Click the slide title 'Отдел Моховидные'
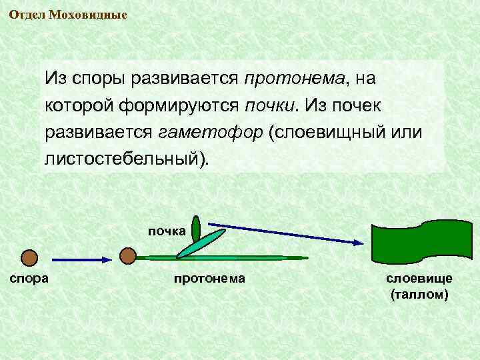[x=68, y=14]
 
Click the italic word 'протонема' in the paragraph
[x=293, y=79]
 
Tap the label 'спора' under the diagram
[x=28, y=277]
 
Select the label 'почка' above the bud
[x=167, y=232]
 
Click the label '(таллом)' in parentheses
[x=419, y=293]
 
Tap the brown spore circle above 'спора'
[x=29, y=257]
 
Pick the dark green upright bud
[x=195, y=230]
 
